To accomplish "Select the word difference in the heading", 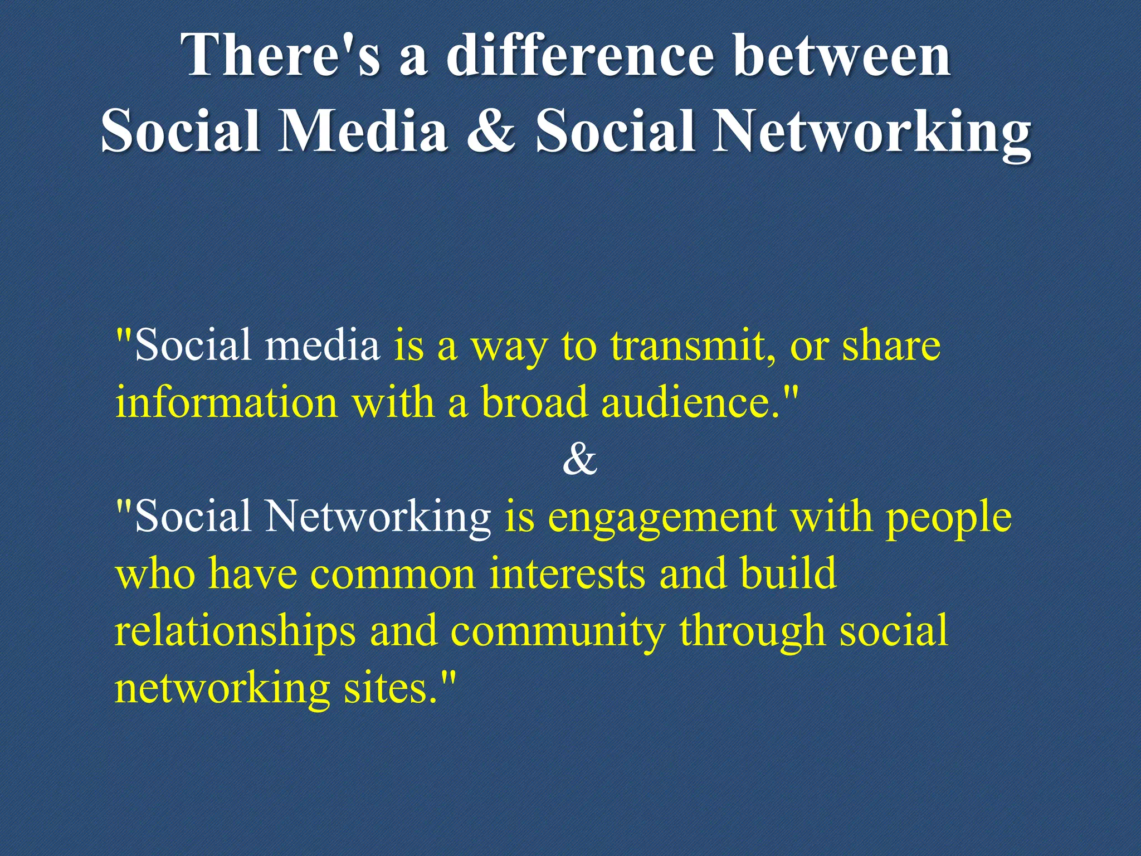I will tap(580, 55).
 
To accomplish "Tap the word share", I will tap(891, 346).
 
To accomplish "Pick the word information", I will tap(226, 402).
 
